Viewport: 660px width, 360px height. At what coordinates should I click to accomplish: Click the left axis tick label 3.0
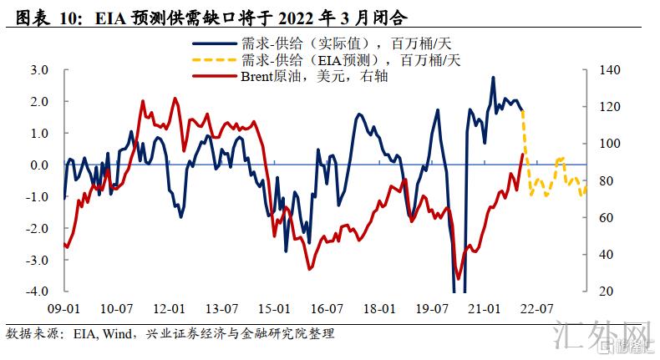click(38, 69)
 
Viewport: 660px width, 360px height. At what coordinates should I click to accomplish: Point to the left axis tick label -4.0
click(37, 292)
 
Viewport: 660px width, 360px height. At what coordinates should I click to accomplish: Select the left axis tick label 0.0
click(38, 165)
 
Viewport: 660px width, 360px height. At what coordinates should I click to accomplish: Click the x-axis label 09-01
click(63, 308)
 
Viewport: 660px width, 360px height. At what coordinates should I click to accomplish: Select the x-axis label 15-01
click(274, 308)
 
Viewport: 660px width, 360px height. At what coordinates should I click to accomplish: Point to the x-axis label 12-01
click(170, 308)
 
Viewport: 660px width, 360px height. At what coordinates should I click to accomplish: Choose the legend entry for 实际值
click(343, 43)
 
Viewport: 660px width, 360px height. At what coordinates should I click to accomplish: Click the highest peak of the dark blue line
click(493, 78)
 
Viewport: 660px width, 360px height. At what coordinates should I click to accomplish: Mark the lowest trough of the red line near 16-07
click(309, 269)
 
